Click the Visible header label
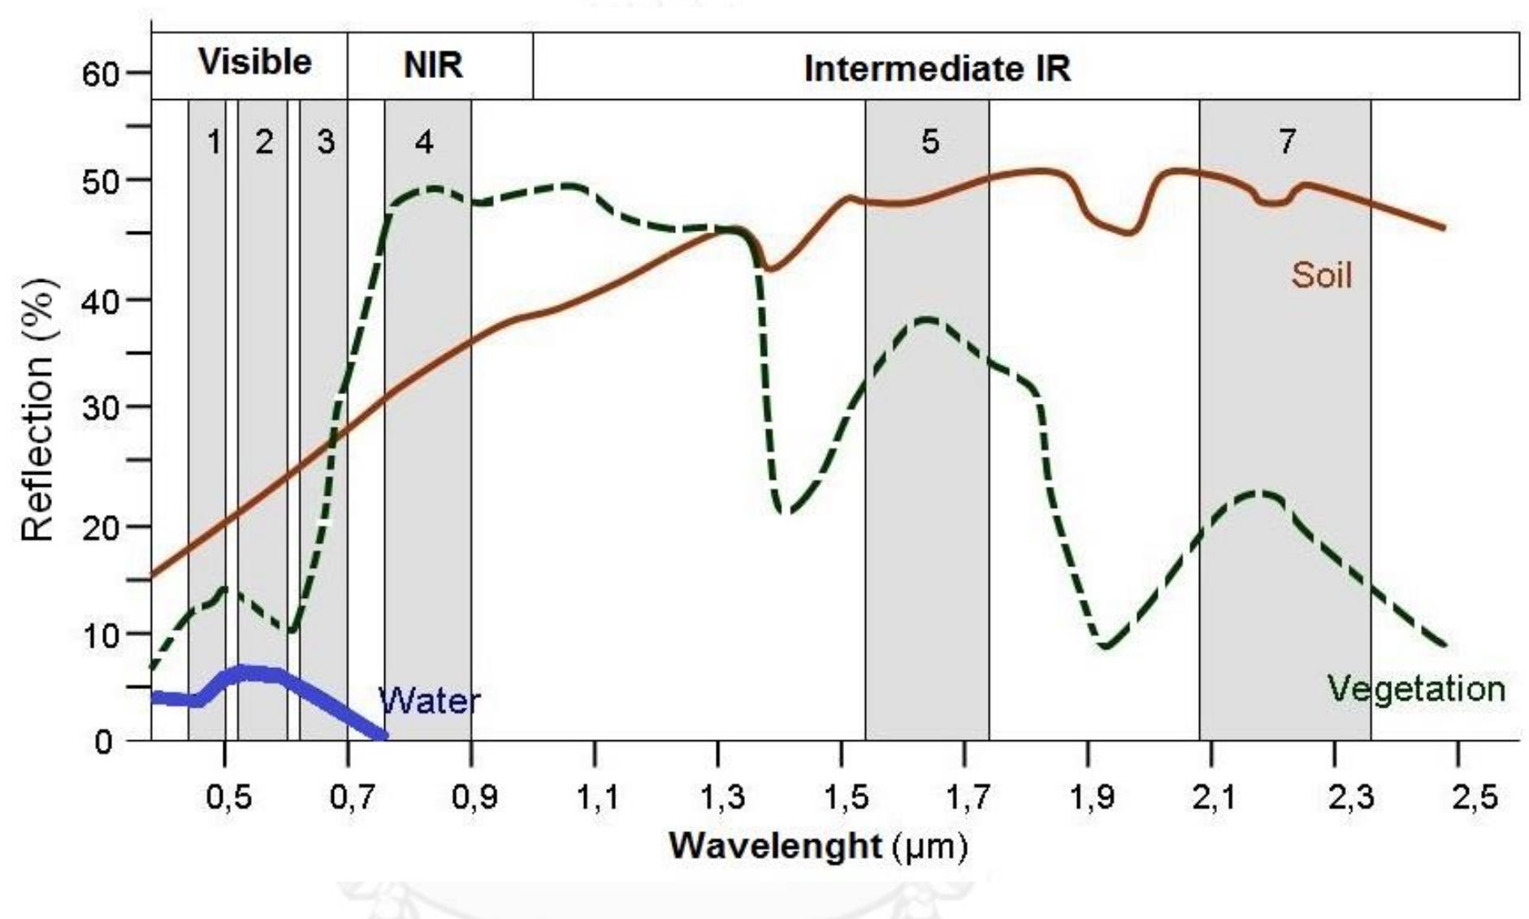point(254,63)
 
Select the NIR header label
point(433,65)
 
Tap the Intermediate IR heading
point(937,69)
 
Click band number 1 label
point(214,142)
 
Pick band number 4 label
point(424,142)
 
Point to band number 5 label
point(930,142)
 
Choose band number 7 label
point(1287,142)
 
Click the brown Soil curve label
point(1321,276)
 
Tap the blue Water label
point(429,700)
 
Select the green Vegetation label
point(1415,689)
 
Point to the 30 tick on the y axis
point(101,407)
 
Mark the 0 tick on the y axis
point(103,741)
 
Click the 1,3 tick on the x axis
point(721,798)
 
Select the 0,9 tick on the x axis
point(474,798)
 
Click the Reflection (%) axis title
point(37,410)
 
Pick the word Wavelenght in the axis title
point(774,847)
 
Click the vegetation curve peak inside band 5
point(928,319)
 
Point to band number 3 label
point(325,142)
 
